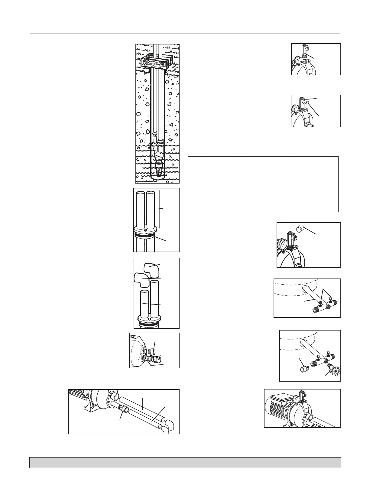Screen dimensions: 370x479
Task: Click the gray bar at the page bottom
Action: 185,462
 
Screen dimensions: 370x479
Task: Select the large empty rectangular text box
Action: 263,184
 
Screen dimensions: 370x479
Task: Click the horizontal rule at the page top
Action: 185,34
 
